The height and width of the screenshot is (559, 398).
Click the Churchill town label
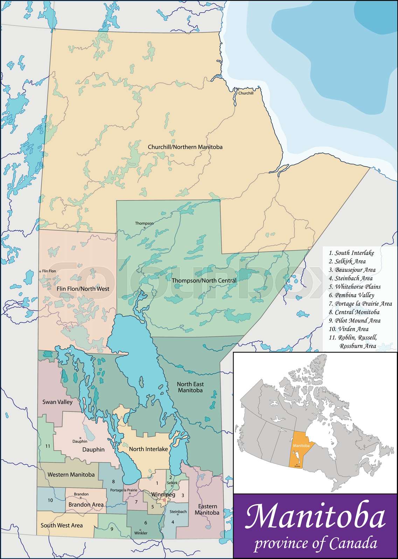coord(246,93)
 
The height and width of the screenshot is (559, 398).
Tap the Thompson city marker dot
coord(144,228)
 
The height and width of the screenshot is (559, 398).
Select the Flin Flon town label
coord(49,271)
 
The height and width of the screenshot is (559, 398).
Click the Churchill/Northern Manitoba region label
coord(185,147)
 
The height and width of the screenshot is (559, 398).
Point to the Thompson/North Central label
coord(204,281)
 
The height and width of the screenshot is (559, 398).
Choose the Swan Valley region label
coord(57,402)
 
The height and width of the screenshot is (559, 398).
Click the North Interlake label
coord(148,449)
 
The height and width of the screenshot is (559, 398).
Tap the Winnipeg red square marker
coord(164,500)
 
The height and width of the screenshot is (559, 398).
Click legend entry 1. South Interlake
coord(351,253)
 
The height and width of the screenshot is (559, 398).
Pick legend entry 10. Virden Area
coord(348,329)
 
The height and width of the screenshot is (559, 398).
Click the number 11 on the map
coord(48,446)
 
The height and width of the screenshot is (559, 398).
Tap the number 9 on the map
coord(112,529)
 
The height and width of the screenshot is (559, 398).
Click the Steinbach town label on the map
coord(178,511)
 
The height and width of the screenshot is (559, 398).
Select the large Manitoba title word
coord(315,517)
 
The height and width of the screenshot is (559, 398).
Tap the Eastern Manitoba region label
coord(207,509)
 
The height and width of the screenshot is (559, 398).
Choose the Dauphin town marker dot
coord(81,438)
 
